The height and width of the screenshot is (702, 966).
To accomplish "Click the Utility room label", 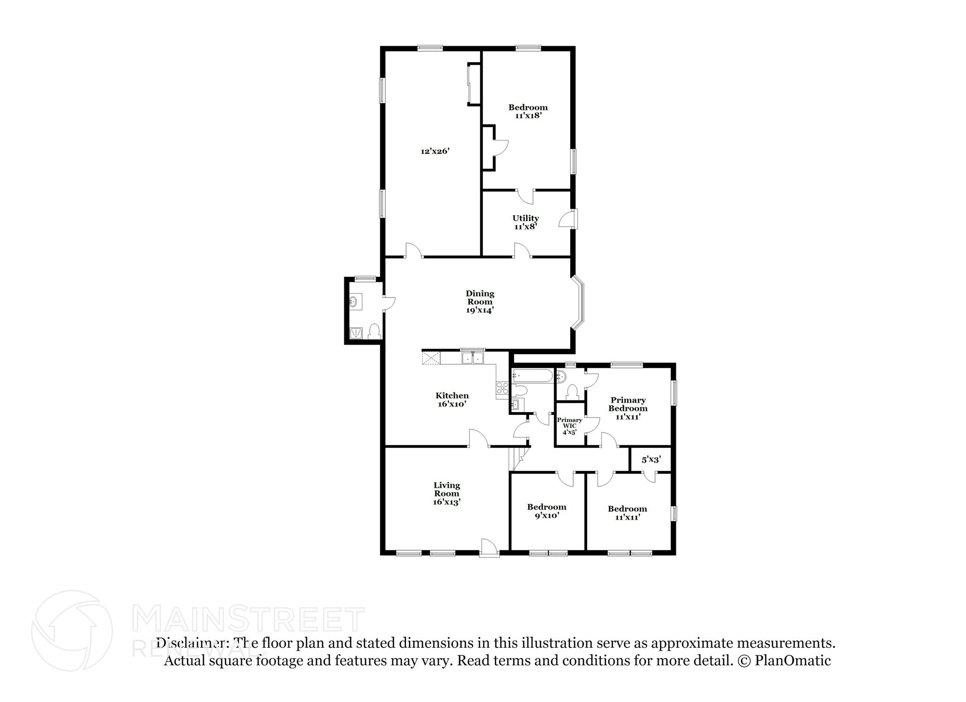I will coord(525,222).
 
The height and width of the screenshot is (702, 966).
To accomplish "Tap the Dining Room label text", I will coord(480,302).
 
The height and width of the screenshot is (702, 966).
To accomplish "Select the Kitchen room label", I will coord(452,399).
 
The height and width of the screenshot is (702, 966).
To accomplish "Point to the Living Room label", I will coord(447,493).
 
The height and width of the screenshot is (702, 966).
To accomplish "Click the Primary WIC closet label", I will coord(569,426).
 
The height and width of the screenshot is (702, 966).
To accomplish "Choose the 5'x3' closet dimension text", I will coord(650,459).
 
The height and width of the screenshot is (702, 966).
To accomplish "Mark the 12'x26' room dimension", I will coord(435,151).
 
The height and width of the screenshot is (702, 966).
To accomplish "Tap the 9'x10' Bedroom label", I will coord(547,511).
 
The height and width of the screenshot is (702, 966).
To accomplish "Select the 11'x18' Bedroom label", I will coord(528,111).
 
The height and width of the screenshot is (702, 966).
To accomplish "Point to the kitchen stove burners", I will coord(502,388).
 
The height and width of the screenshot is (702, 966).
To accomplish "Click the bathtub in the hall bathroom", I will coord(532,376).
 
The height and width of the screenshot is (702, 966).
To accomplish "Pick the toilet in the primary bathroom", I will coord(572,392).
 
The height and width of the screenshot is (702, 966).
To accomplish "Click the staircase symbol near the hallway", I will coord(519,459).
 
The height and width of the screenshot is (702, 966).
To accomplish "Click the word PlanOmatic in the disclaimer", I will coord(792,661).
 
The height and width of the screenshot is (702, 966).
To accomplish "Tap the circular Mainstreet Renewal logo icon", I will coord(72,630).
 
